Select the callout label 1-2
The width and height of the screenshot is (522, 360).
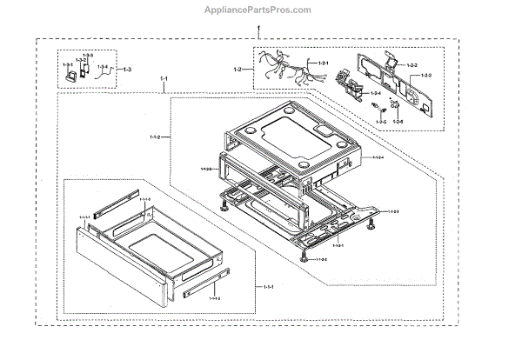[x=237, y=68]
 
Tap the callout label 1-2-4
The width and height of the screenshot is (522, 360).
[x=376, y=93]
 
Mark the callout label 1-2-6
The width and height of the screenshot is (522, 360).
[x=398, y=121]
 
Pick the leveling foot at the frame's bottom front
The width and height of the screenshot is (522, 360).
[x=303, y=256]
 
